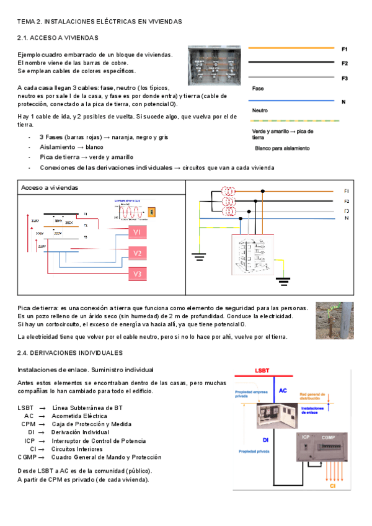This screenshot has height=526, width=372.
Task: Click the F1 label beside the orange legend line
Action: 345,48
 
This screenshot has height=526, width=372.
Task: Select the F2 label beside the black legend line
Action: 345,63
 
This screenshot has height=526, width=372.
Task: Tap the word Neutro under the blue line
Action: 260,111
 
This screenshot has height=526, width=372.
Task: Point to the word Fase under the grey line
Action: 258,89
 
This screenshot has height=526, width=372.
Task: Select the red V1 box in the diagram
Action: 138,232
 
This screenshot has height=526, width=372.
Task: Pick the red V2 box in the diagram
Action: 138,253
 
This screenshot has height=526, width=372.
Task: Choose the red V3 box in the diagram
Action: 138,274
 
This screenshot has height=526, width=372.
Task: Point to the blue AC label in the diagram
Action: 283,391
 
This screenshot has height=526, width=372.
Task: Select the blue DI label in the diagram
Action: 265,439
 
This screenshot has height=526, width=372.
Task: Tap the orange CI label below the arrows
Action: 334,488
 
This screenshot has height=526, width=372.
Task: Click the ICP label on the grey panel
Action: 305,438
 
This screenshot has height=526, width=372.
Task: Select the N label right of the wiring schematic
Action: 346,218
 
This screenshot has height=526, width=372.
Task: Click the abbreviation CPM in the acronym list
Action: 28,424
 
